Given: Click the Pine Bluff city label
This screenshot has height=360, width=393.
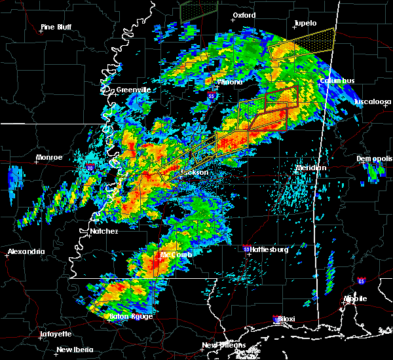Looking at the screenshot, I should (56, 27).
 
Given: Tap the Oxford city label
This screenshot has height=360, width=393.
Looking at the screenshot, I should (244, 15).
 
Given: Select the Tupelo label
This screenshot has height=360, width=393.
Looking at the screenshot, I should (305, 23).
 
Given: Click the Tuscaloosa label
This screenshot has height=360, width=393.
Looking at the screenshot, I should (373, 102).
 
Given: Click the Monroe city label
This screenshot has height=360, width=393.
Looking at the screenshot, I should (49, 157).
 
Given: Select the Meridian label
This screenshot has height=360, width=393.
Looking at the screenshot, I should (310, 168).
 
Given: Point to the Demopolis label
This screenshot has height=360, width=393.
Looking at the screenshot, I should (374, 158).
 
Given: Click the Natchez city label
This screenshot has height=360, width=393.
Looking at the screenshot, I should (104, 231).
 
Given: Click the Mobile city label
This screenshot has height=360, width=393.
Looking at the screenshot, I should (356, 298).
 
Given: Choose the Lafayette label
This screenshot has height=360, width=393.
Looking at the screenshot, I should (56, 334).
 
